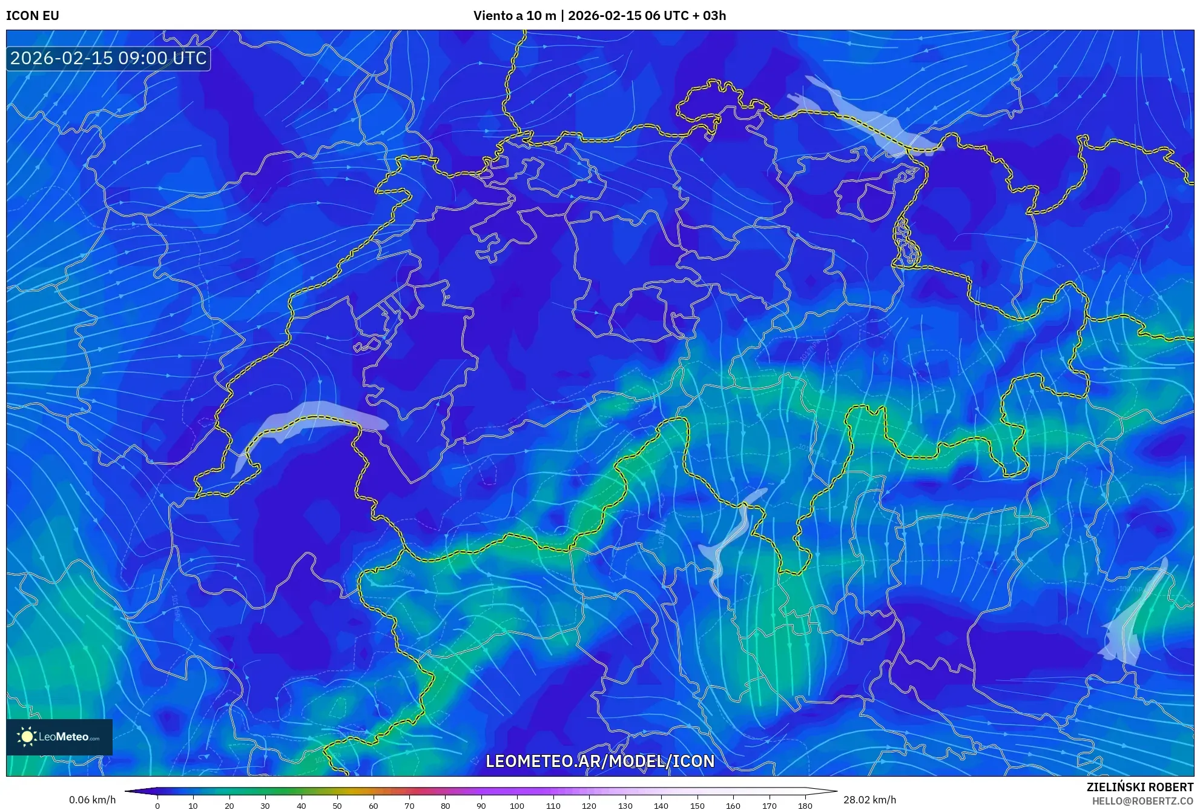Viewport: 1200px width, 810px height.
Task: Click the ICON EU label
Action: tap(33, 16)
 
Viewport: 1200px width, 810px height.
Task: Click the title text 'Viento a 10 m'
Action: tap(514, 16)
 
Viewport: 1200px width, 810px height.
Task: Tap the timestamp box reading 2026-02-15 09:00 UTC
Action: tap(108, 58)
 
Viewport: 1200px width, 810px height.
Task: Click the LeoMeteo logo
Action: tap(59, 737)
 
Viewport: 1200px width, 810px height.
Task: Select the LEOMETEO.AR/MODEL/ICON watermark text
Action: tap(600, 761)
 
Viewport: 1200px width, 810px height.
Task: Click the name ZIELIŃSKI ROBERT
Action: tap(1139, 787)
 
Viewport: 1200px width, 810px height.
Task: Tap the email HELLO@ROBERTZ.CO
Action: tap(1142, 801)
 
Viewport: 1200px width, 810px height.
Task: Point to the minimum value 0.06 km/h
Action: tap(92, 800)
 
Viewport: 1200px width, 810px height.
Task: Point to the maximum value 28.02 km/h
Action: tap(869, 800)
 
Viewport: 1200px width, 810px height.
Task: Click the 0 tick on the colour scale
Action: tap(157, 805)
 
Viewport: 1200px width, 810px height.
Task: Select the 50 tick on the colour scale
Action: tap(337, 805)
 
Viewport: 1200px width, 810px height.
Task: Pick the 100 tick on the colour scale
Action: tap(517, 805)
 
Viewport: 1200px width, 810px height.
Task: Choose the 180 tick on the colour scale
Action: tap(805, 805)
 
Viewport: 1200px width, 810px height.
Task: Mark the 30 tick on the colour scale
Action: tap(265, 805)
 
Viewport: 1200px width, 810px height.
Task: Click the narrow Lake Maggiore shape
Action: tap(730, 539)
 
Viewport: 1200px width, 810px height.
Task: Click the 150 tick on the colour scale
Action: tap(697, 805)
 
